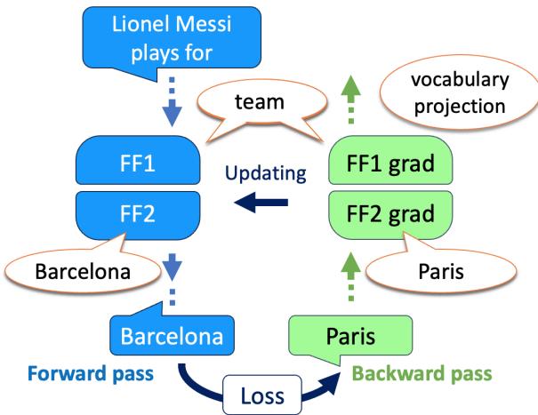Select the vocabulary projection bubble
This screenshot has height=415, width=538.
pos(460,93)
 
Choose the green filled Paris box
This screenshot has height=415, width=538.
pos(351,337)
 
